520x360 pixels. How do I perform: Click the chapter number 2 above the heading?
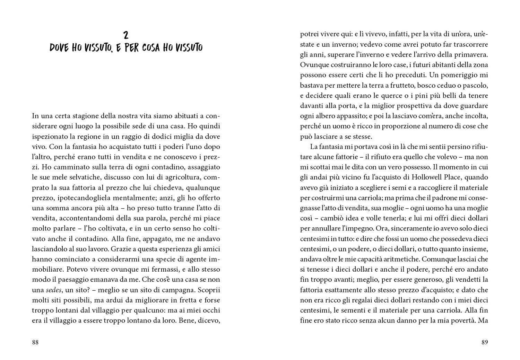[x=126, y=35]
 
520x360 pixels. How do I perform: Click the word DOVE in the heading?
[x=59, y=48]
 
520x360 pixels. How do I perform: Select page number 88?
[x=35, y=342]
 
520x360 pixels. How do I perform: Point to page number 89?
[x=485, y=342]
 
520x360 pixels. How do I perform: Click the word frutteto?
[x=397, y=85]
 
